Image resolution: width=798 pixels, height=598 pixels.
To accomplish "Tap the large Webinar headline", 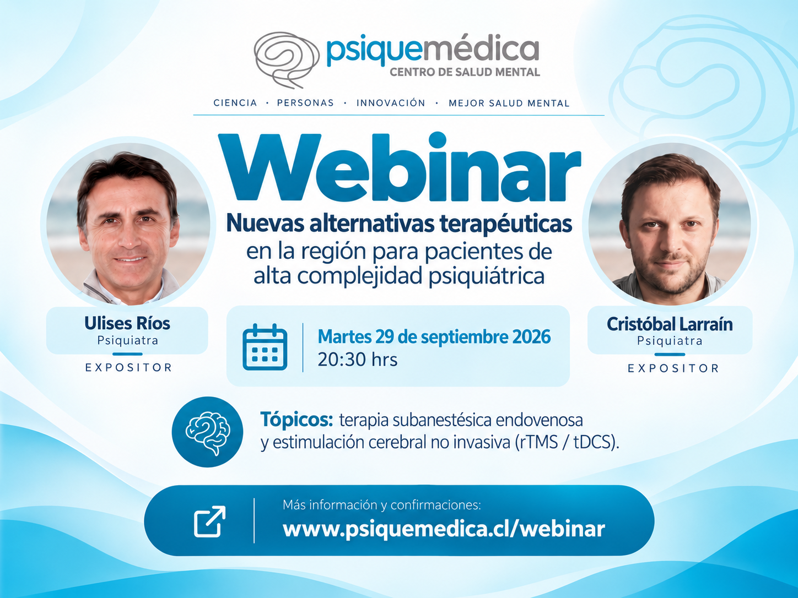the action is [x=399, y=167].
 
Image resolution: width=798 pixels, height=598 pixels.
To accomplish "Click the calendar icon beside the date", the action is [x=265, y=347].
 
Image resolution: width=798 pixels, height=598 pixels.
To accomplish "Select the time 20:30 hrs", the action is [x=357, y=360].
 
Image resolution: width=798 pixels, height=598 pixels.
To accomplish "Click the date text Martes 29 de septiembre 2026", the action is [x=434, y=336].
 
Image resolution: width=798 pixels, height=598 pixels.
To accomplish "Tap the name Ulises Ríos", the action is [x=127, y=323].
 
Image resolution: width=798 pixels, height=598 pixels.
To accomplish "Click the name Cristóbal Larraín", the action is [x=670, y=324].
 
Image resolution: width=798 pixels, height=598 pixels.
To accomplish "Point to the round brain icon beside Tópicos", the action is [x=207, y=432].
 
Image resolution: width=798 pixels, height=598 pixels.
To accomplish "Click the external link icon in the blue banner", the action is [x=210, y=521].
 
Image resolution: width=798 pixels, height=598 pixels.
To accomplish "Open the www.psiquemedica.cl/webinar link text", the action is [x=444, y=529].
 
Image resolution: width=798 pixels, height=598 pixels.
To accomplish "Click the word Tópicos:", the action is [x=296, y=420].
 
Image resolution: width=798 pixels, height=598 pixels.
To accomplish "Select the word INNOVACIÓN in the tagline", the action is [x=391, y=103].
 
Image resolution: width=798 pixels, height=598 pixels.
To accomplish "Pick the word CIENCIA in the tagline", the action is [x=235, y=103].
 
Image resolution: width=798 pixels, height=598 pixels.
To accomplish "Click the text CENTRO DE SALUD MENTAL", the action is [x=465, y=72].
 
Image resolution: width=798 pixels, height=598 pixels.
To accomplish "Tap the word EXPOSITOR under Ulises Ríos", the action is [x=128, y=367].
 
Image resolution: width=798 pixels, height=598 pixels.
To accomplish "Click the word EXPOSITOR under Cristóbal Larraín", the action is [x=673, y=368].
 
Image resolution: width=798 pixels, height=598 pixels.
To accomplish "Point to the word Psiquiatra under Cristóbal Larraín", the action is [x=670, y=341].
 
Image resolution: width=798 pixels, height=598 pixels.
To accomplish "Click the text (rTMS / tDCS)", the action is [x=567, y=442].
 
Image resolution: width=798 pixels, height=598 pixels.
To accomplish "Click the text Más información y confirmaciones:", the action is [x=382, y=505].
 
